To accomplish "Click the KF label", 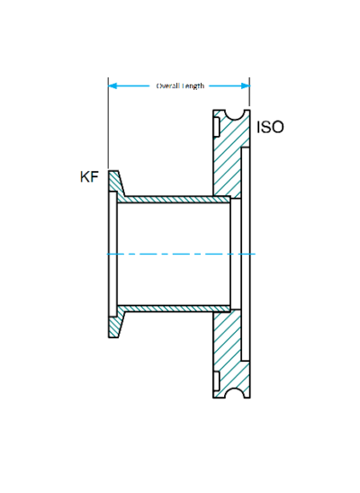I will pos(89,178).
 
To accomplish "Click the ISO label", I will pos(270,128).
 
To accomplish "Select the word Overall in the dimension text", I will pos(168,86).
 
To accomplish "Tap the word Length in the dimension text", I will pos(193,86).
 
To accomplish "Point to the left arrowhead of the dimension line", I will pos(112,86).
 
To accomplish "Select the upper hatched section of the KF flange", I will pos(115,185).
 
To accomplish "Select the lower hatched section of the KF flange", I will pos(115,323).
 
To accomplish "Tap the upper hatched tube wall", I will pos(171,197).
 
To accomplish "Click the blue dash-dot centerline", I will pos(180,254).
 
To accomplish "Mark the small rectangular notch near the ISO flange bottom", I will pos(216,378).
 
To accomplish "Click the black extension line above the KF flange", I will pos(108,126).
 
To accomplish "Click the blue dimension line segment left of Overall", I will pos(135,86).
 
